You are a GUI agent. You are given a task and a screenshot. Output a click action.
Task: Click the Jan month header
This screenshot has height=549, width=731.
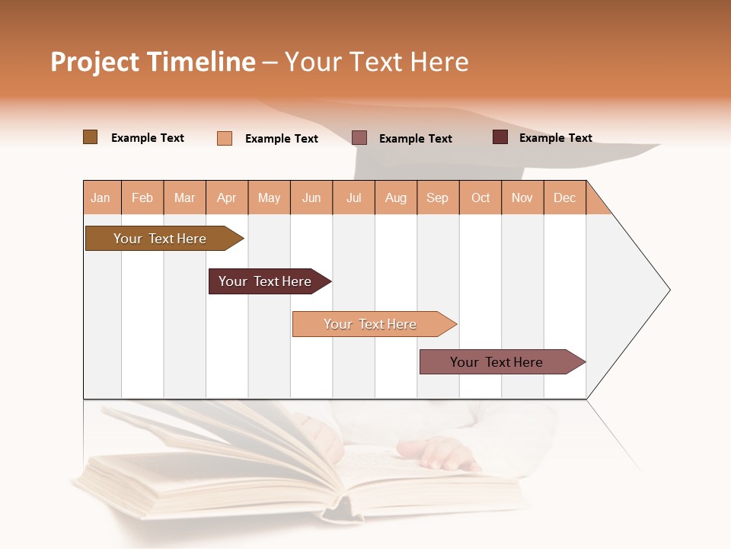tap(101, 197)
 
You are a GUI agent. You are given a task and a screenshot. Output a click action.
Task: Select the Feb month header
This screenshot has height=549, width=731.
tap(142, 197)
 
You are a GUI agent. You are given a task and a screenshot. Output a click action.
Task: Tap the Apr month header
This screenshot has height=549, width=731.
tap(227, 197)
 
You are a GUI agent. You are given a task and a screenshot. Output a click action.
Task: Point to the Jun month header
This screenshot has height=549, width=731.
tap(311, 197)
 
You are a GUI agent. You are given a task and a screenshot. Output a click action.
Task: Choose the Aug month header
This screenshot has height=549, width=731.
tap(396, 197)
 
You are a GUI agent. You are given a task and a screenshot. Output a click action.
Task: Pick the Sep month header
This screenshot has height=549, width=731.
tap(438, 197)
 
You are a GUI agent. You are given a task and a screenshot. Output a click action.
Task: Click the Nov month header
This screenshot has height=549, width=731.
tap(522, 197)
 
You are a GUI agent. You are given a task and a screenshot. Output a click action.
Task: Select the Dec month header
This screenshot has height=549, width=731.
tap(565, 197)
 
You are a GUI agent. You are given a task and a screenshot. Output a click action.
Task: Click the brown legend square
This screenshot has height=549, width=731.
tap(91, 137)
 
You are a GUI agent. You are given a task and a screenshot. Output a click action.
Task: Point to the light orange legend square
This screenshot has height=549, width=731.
tap(225, 138)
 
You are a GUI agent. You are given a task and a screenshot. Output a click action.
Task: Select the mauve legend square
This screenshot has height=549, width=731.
tap(359, 137)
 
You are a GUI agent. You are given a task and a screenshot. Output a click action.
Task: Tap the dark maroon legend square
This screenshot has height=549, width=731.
tap(500, 137)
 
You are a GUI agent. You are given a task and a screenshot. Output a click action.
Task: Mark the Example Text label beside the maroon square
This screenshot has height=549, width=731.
tap(556, 138)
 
